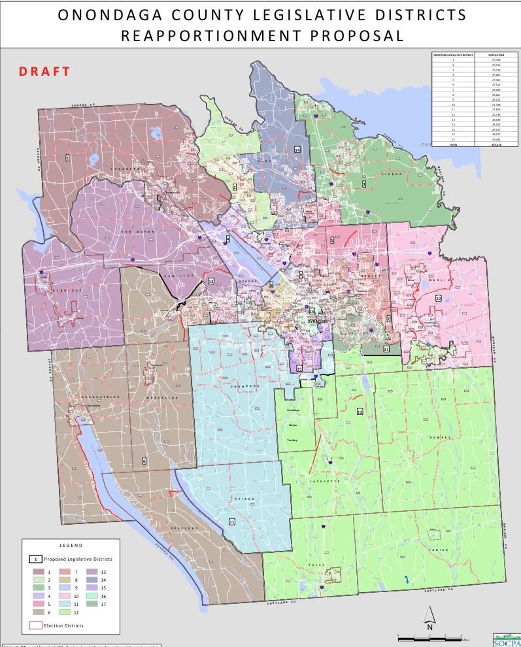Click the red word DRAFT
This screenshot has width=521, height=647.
(44, 71)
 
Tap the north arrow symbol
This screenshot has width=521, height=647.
(429, 617)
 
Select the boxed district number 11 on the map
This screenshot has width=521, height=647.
(232, 522)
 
